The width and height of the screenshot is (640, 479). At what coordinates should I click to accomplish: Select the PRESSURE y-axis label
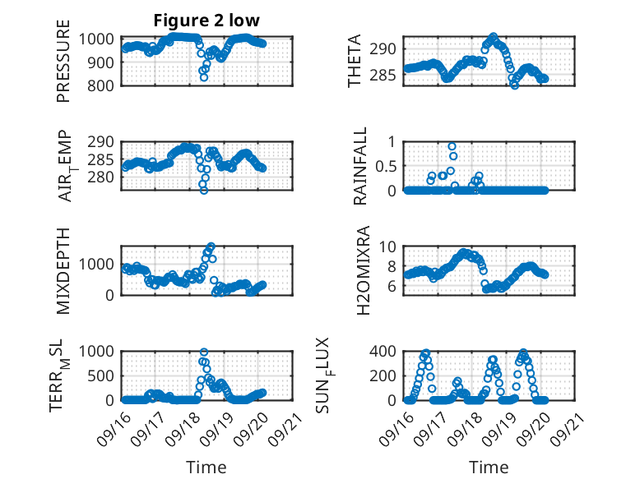point(63,61)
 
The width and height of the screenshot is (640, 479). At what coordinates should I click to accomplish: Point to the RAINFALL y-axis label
point(359,166)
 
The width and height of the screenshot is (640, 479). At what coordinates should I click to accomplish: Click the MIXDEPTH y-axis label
point(63,270)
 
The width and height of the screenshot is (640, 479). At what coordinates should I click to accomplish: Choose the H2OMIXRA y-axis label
point(359,270)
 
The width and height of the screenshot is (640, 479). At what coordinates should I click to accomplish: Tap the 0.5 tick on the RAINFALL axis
point(386,166)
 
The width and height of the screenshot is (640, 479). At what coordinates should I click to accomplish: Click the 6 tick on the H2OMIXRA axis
point(394,286)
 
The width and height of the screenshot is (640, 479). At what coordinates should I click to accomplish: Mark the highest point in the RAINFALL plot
point(452,146)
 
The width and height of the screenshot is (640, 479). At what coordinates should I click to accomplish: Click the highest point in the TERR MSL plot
point(204,352)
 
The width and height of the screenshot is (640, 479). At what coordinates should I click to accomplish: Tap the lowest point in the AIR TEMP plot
point(204,190)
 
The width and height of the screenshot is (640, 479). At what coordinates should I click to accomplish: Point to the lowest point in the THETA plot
point(515,85)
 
